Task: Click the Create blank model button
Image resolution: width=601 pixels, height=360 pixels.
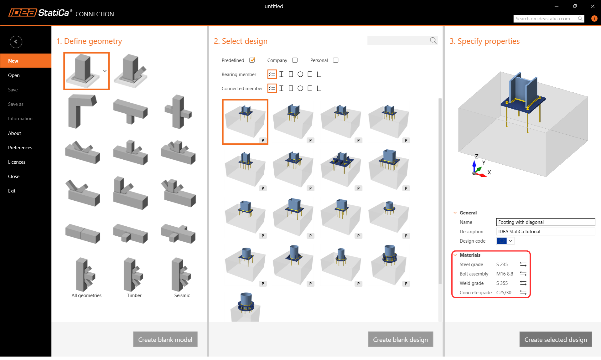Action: tap(165, 339)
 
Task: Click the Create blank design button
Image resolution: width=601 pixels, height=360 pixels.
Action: tap(401, 339)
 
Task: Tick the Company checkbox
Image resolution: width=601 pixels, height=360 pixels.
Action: tap(295, 60)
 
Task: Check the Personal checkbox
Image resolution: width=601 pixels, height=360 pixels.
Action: tap(335, 60)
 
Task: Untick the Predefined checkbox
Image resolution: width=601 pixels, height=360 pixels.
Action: tap(252, 60)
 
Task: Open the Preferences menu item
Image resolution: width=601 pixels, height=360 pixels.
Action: tap(20, 147)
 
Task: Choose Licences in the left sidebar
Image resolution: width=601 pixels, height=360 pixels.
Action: tap(17, 162)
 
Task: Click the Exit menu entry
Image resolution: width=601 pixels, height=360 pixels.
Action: tap(12, 191)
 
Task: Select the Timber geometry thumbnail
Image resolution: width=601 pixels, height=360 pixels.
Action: tap(134, 275)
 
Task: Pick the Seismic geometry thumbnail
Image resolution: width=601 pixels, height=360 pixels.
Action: tap(181, 275)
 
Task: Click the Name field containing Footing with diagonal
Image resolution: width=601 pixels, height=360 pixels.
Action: tap(546, 222)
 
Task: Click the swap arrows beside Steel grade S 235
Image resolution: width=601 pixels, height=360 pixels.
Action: tap(523, 264)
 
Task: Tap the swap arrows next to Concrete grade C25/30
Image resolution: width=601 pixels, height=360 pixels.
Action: tap(523, 292)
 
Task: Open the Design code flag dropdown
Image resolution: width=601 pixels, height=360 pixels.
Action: tap(505, 241)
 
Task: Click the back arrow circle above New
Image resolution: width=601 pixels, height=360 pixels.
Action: tap(16, 42)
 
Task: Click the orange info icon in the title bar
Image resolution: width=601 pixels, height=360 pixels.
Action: tap(594, 18)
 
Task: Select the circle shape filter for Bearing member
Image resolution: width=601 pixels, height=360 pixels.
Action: tap(300, 74)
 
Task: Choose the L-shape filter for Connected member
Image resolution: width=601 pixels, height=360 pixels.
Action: tap(319, 88)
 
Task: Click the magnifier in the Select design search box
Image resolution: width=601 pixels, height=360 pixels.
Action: tap(433, 40)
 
